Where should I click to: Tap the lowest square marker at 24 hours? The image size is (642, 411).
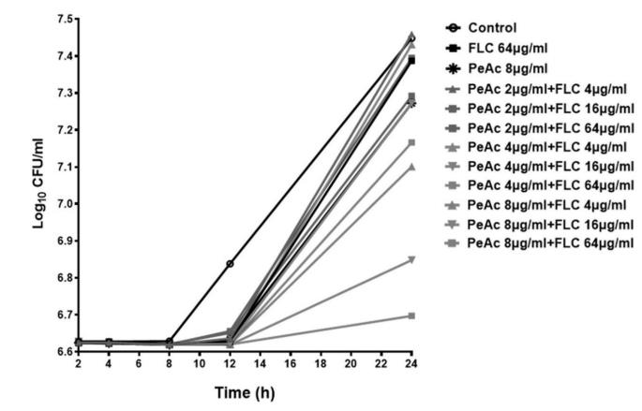(x=411, y=316)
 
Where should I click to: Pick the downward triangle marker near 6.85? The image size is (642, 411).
(x=411, y=259)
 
